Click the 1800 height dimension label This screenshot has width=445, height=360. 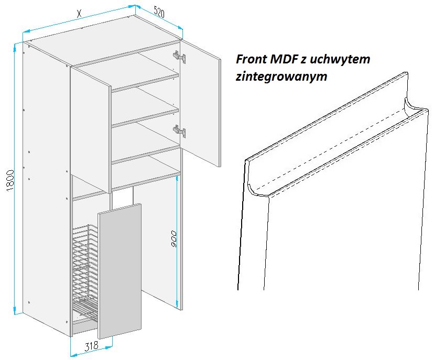click(x=10, y=181)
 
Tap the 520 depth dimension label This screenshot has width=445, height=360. click(x=159, y=12)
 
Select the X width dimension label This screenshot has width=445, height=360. click(x=79, y=13)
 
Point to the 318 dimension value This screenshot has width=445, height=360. click(x=92, y=345)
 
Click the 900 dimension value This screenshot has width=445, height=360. click(x=174, y=239)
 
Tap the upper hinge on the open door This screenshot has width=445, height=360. click(x=180, y=57)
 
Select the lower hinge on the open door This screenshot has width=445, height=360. click(x=180, y=131)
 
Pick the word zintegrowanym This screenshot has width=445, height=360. click(x=281, y=77)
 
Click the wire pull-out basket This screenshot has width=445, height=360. click(x=84, y=272)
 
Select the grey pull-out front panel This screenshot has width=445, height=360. click(x=120, y=271)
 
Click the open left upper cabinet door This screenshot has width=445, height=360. click(x=91, y=129)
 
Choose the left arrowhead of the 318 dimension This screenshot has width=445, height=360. click(x=73, y=355)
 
